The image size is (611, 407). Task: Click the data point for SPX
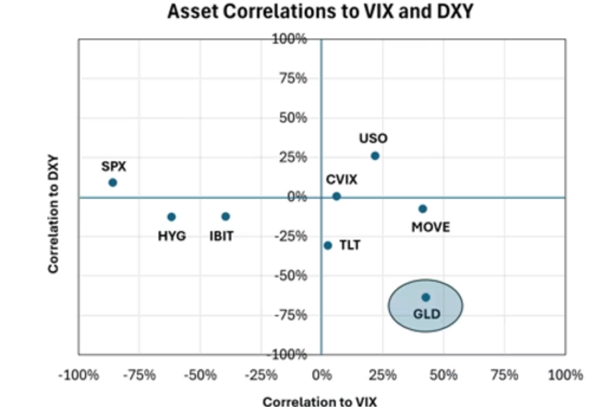click(x=113, y=182)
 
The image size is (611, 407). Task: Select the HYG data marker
click(x=171, y=217)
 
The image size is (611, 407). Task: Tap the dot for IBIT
click(x=225, y=216)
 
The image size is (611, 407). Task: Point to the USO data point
click(x=375, y=156)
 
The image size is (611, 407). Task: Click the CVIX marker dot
click(x=337, y=196)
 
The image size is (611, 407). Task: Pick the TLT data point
click(x=328, y=245)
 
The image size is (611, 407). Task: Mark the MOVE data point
click(x=423, y=209)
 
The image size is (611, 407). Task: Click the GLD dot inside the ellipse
click(x=426, y=297)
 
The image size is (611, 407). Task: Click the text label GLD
click(x=426, y=314)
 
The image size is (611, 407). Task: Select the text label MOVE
click(x=431, y=228)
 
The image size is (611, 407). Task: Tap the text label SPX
click(x=113, y=166)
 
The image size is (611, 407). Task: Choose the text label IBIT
click(x=221, y=235)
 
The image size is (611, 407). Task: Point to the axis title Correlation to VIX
click(x=320, y=401)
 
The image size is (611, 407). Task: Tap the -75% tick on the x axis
click(x=139, y=375)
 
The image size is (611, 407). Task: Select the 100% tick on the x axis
click(x=565, y=375)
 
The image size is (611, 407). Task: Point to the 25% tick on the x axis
click(x=383, y=375)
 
